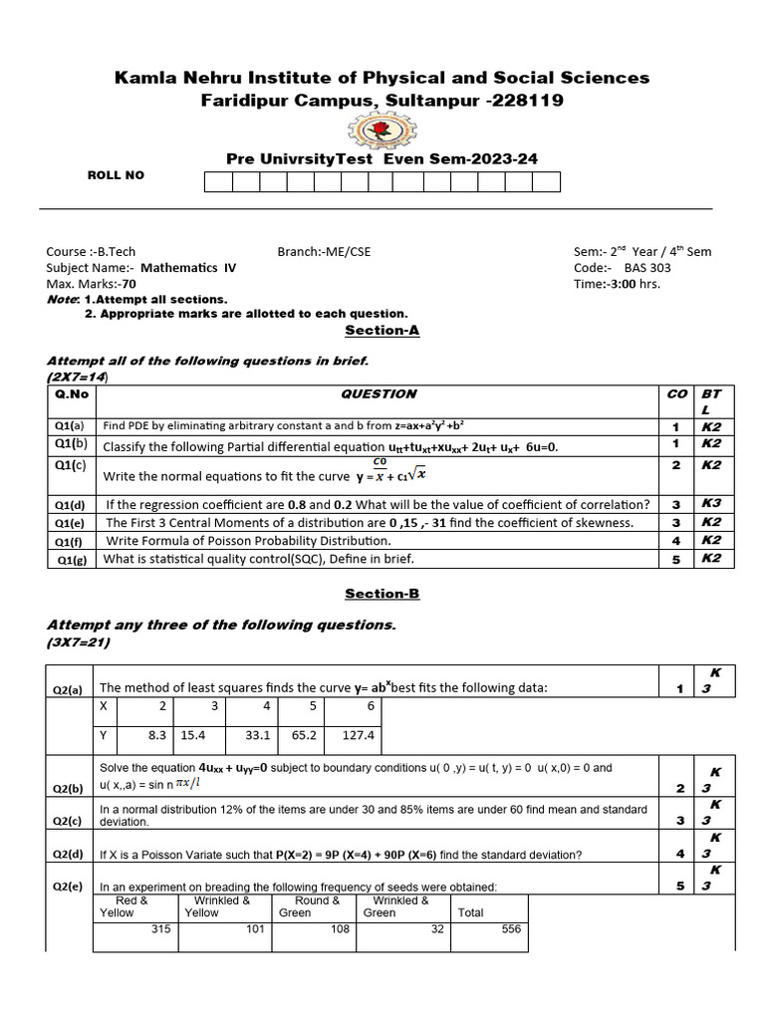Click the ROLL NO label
point(116,175)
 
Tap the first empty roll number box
point(218,181)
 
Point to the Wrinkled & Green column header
point(400,906)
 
